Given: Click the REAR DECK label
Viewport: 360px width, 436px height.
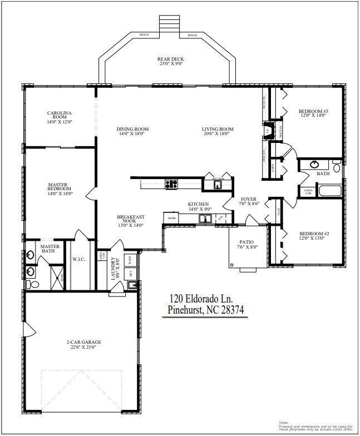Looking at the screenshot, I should pyautogui.click(x=170, y=59).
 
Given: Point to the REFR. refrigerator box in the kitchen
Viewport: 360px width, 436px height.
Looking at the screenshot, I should pyautogui.click(x=171, y=219).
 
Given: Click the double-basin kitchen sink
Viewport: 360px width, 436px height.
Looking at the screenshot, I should pyautogui.click(x=205, y=219).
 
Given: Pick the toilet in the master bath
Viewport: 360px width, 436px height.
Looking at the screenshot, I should pyautogui.click(x=33, y=284).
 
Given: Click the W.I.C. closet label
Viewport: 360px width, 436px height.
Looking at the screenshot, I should pyautogui.click(x=78, y=259).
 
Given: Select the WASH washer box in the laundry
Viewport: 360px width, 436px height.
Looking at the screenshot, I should pyautogui.click(x=130, y=260).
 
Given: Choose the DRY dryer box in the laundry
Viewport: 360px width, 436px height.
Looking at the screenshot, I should pyautogui.click(x=130, y=273).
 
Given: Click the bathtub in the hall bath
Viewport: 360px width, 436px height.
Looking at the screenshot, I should pyautogui.click(x=329, y=192).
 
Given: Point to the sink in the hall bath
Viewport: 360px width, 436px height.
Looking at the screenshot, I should pyautogui.click(x=315, y=165).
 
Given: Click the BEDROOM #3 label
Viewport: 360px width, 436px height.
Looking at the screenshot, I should pyautogui.click(x=313, y=111).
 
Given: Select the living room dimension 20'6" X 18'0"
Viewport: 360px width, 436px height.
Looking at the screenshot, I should pyautogui.click(x=218, y=134).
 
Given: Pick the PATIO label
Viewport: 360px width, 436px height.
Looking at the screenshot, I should pyautogui.click(x=246, y=242).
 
